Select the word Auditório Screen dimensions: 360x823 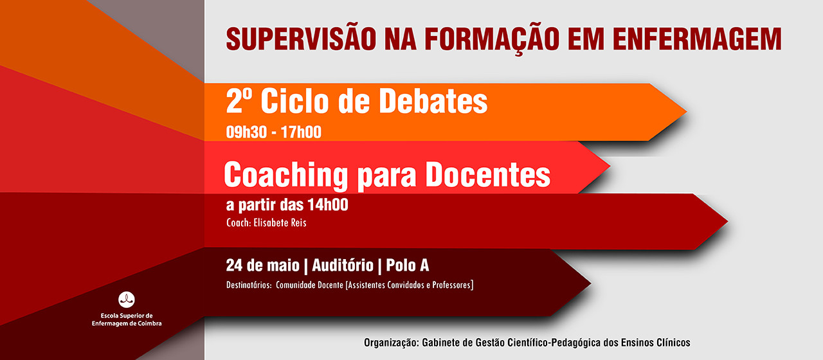coord(343,265)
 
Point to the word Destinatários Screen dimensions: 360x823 coord(248,285)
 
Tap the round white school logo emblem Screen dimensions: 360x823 coord(127,299)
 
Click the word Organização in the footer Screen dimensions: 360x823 coord(390,343)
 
